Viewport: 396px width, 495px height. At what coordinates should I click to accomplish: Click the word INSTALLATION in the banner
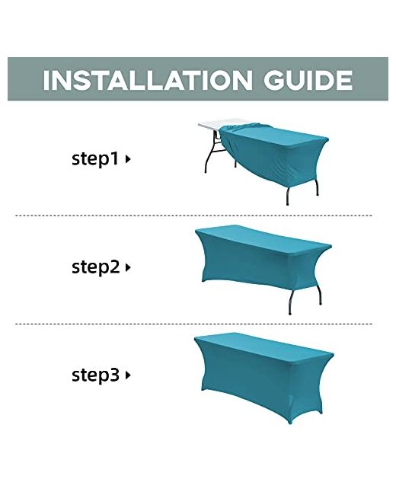(148, 80)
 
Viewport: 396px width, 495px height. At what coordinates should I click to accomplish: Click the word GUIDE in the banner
(308, 80)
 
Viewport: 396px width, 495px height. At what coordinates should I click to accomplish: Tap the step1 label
(96, 158)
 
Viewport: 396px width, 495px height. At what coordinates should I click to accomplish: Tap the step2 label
(96, 267)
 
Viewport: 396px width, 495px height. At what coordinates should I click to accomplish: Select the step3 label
(96, 375)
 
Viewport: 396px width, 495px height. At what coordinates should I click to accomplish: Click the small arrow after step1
(128, 159)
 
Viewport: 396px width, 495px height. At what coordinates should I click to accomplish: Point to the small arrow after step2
(128, 268)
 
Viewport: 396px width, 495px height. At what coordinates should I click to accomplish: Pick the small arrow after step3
(128, 375)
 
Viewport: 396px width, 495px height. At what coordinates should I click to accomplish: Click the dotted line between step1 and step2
(193, 216)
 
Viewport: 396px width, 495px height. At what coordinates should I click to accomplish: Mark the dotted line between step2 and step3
(193, 324)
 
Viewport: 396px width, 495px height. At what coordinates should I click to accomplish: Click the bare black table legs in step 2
(305, 299)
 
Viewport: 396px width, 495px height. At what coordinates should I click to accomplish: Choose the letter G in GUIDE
(274, 80)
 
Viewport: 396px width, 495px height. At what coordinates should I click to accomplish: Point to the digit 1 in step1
(114, 158)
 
